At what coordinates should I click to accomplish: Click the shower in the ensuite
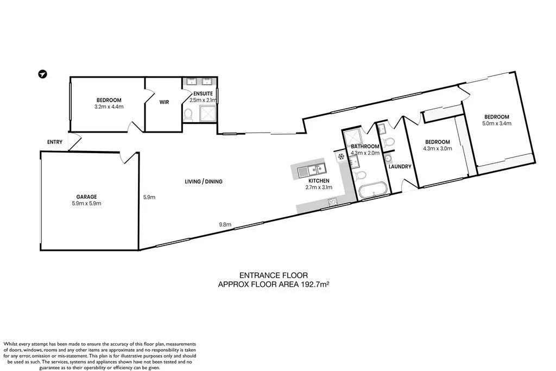pos(207,113)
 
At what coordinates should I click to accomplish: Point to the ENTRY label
pos(55,142)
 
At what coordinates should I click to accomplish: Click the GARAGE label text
pos(86,197)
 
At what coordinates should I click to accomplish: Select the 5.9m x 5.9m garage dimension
pos(86,204)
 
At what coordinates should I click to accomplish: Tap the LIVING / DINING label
pos(204,181)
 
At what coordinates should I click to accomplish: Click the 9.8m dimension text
pos(225,224)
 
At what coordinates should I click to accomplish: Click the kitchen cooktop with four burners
pos(332,203)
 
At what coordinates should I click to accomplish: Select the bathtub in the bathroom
pos(372,190)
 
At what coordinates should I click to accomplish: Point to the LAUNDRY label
pos(400,167)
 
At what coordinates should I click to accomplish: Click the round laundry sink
pos(388,159)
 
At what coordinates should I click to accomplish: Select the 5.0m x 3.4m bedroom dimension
pos(497,123)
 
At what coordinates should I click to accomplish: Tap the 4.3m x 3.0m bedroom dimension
pos(437,148)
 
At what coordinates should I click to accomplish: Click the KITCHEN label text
pos(319,180)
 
